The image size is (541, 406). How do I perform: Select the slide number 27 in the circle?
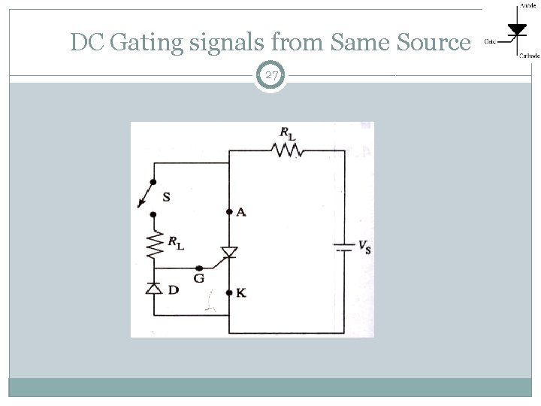(271, 75)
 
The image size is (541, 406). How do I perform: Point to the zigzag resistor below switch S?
(155, 244)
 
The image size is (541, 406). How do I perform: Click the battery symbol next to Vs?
(343, 247)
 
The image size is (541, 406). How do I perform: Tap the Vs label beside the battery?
(363, 246)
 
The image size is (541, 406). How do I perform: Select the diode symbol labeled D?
(155, 288)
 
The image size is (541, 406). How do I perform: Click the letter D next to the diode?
(173, 289)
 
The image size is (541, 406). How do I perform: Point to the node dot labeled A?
(228, 213)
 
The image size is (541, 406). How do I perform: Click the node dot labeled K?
(228, 292)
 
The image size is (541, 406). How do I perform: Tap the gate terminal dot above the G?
(198, 268)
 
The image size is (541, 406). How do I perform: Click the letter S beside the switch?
(166, 197)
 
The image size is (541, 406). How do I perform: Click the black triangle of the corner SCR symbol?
(517, 29)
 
